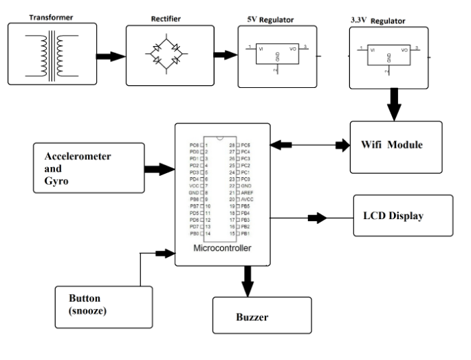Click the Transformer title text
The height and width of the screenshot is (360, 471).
47,13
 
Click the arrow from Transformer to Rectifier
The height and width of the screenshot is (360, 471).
107,54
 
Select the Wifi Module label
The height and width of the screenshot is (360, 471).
392,146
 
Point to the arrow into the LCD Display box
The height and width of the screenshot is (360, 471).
317,218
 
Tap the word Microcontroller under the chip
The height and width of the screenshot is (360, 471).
222,247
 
